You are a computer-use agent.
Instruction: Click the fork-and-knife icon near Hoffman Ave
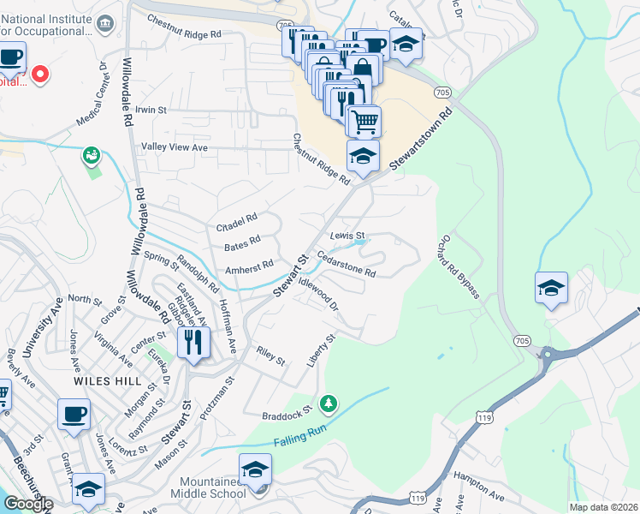(193, 344)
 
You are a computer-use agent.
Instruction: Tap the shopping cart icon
(364, 122)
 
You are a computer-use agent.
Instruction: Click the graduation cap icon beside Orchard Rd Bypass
(551, 289)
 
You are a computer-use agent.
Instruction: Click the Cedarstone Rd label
(347, 264)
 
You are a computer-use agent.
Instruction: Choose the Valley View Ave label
(175, 147)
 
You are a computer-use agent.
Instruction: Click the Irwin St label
(151, 111)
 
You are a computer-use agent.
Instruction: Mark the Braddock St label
(286, 414)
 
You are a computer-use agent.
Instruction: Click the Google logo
(28, 504)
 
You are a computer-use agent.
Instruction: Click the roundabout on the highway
(547, 354)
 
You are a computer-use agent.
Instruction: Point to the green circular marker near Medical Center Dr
(91, 155)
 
